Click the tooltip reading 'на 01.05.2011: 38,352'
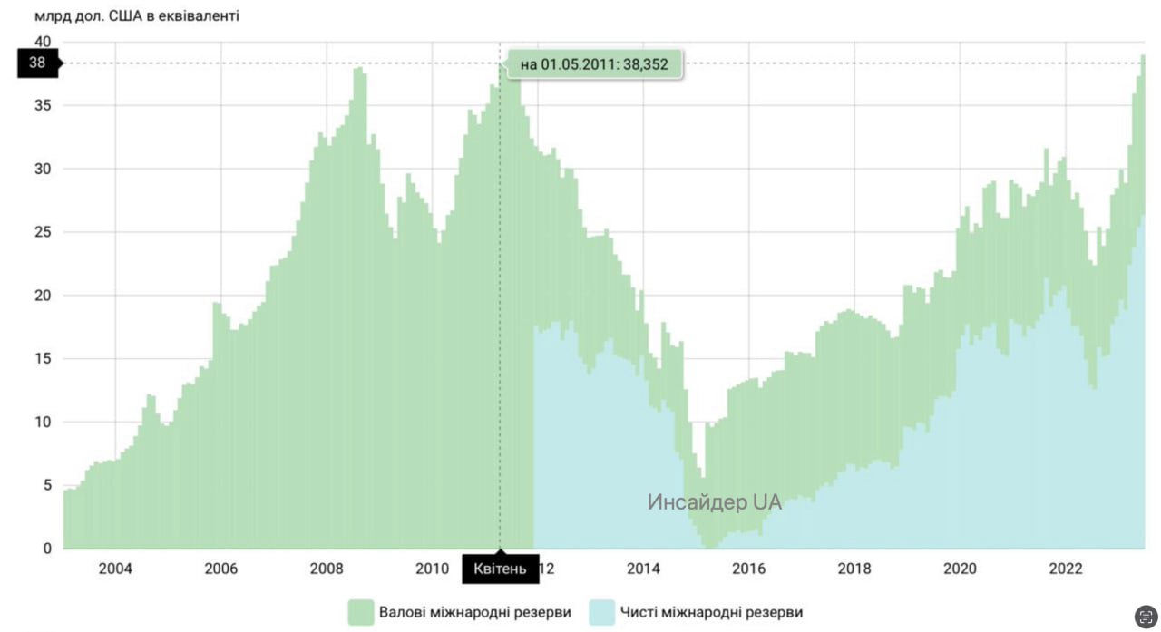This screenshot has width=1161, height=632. pyautogui.click(x=594, y=64)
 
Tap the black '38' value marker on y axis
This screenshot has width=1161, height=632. pyautogui.click(x=38, y=63)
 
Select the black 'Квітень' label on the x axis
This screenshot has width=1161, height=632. pyautogui.click(x=500, y=569)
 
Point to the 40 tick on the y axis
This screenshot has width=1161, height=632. pyautogui.click(x=43, y=42)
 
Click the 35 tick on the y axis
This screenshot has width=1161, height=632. pyautogui.click(x=43, y=105)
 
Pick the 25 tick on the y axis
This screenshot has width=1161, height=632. pyautogui.click(x=43, y=232)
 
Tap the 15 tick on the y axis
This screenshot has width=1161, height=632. pyautogui.click(x=43, y=358)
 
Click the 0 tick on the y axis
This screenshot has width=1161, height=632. pyautogui.click(x=47, y=548)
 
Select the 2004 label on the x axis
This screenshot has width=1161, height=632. pyautogui.click(x=115, y=569)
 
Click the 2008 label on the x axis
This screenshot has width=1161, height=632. pyautogui.click(x=327, y=569)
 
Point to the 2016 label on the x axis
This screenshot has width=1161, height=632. pyautogui.click(x=749, y=569)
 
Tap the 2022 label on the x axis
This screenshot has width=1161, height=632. pyautogui.click(x=1066, y=569)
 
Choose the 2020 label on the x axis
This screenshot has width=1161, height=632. pyautogui.click(x=960, y=569)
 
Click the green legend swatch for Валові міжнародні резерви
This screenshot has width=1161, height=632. pyautogui.click(x=361, y=612)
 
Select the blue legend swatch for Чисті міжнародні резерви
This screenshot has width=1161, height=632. pyautogui.click(x=601, y=612)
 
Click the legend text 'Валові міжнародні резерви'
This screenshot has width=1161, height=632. pyautogui.click(x=475, y=612)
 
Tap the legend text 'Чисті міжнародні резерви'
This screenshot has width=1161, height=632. pyautogui.click(x=712, y=612)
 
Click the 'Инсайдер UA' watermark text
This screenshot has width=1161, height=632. pyautogui.click(x=714, y=501)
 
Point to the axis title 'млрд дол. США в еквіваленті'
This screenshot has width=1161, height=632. pyautogui.click(x=137, y=15)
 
